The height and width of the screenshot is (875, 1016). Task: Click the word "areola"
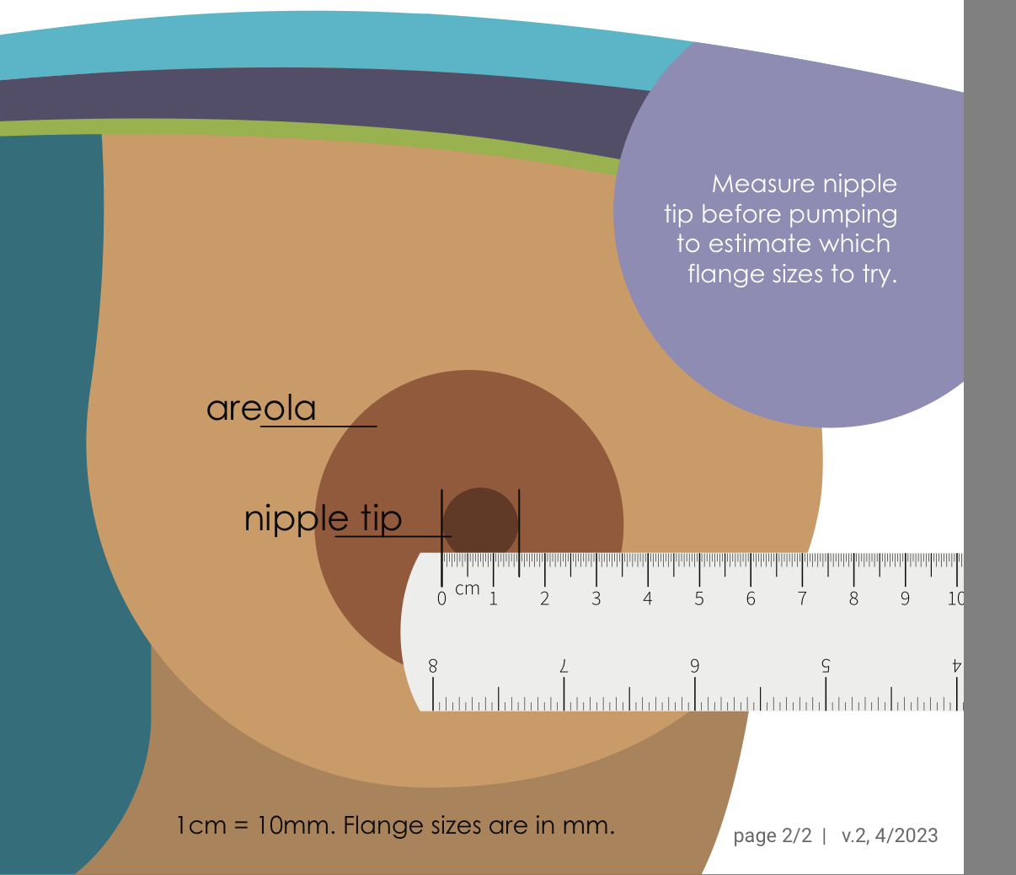pyautogui.click(x=261, y=409)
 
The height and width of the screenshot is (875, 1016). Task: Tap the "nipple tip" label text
pyautogui.click(x=323, y=518)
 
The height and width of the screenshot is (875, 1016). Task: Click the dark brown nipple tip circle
pyautogui.click(x=480, y=523)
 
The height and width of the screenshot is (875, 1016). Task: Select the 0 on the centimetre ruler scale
pyautogui.click(x=442, y=599)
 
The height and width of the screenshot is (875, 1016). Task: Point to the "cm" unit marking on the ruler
pyautogui.click(x=467, y=589)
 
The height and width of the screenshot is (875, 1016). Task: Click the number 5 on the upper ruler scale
pyautogui.click(x=699, y=599)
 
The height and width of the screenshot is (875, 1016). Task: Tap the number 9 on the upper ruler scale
pyautogui.click(x=906, y=599)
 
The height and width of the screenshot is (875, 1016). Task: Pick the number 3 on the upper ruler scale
pyautogui.click(x=596, y=599)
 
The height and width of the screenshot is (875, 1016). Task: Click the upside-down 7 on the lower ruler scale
pyautogui.click(x=564, y=665)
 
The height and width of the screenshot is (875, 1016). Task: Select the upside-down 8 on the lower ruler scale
pyautogui.click(x=433, y=665)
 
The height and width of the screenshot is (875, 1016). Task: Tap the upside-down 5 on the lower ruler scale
pyautogui.click(x=826, y=665)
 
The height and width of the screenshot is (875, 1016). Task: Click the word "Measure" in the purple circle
pyautogui.click(x=752, y=184)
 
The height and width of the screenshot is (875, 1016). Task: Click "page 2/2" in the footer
pyautogui.click(x=773, y=835)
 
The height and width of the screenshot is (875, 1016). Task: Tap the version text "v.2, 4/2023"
pyautogui.click(x=890, y=835)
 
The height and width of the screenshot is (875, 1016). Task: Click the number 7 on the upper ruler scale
pyautogui.click(x=802, y=599)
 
